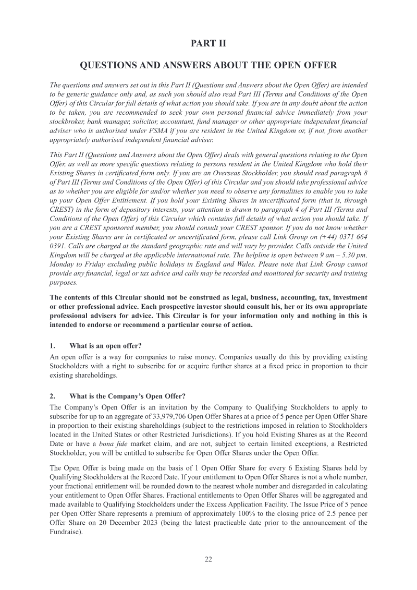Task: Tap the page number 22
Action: click(208, 559)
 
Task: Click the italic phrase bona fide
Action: click(106, 443)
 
